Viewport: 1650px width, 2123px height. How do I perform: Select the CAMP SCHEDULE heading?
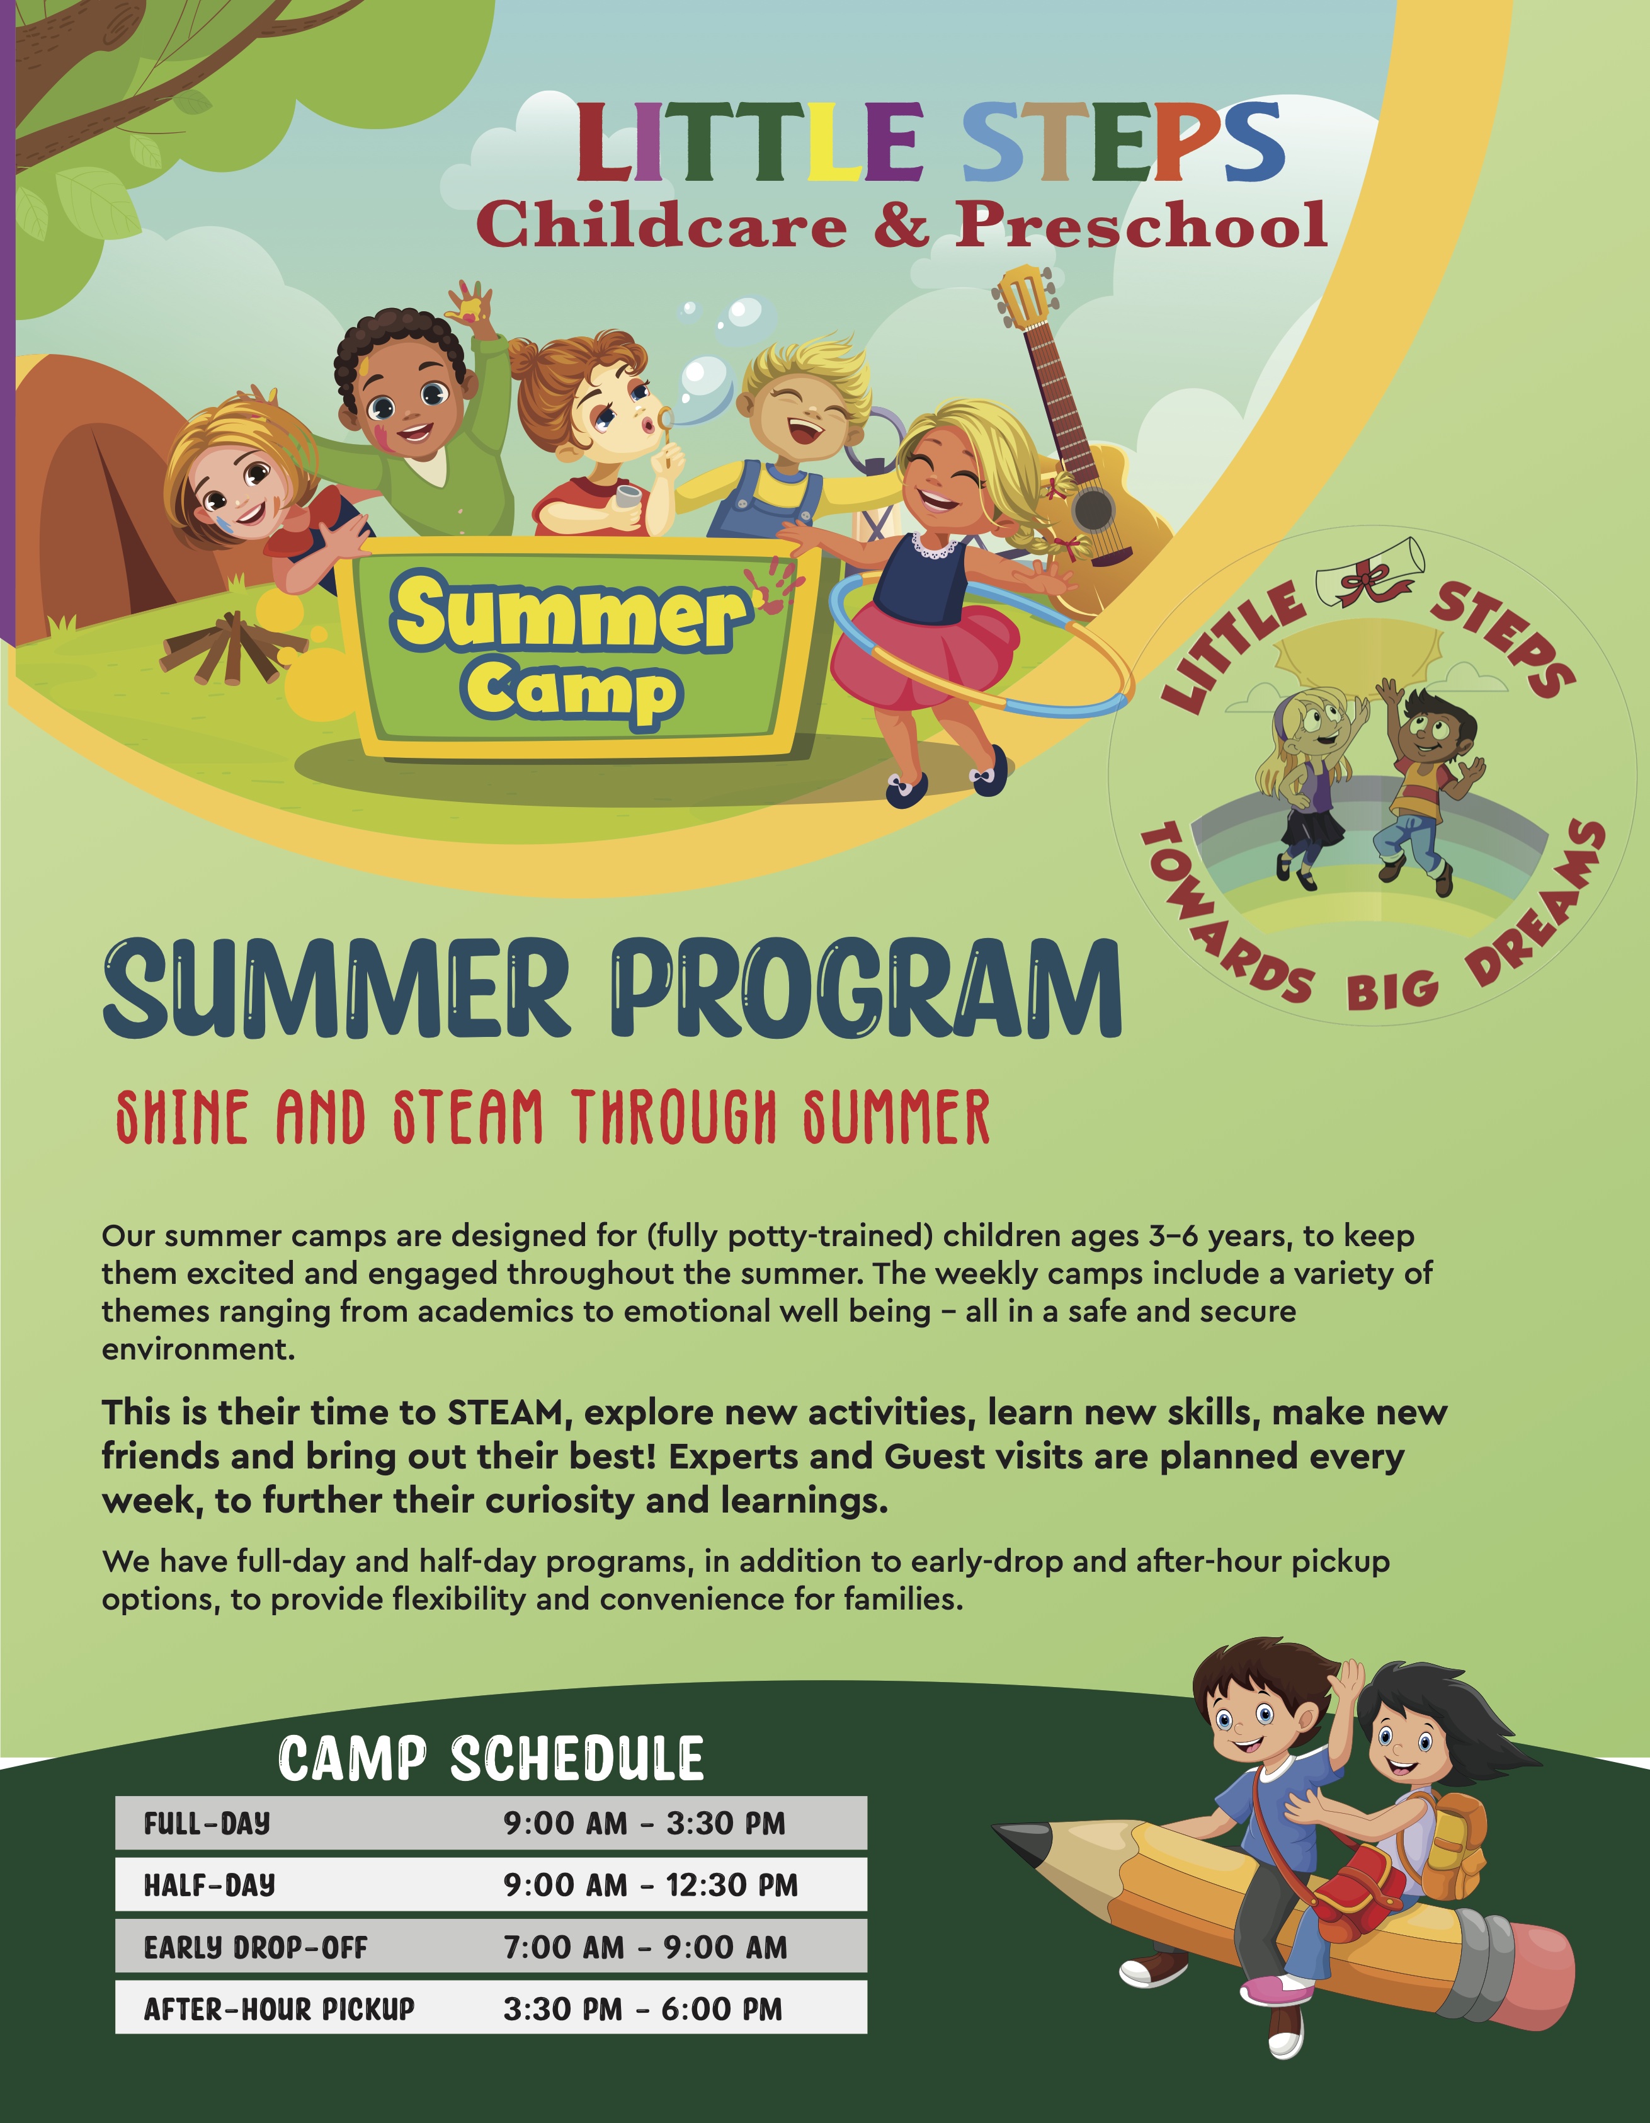point(491,1758)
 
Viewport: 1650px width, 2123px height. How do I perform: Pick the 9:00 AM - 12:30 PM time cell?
point(650,1885)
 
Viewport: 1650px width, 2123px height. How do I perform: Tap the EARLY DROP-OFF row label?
point(256,1947)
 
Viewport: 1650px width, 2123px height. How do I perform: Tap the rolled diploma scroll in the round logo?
point(1370,573)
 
